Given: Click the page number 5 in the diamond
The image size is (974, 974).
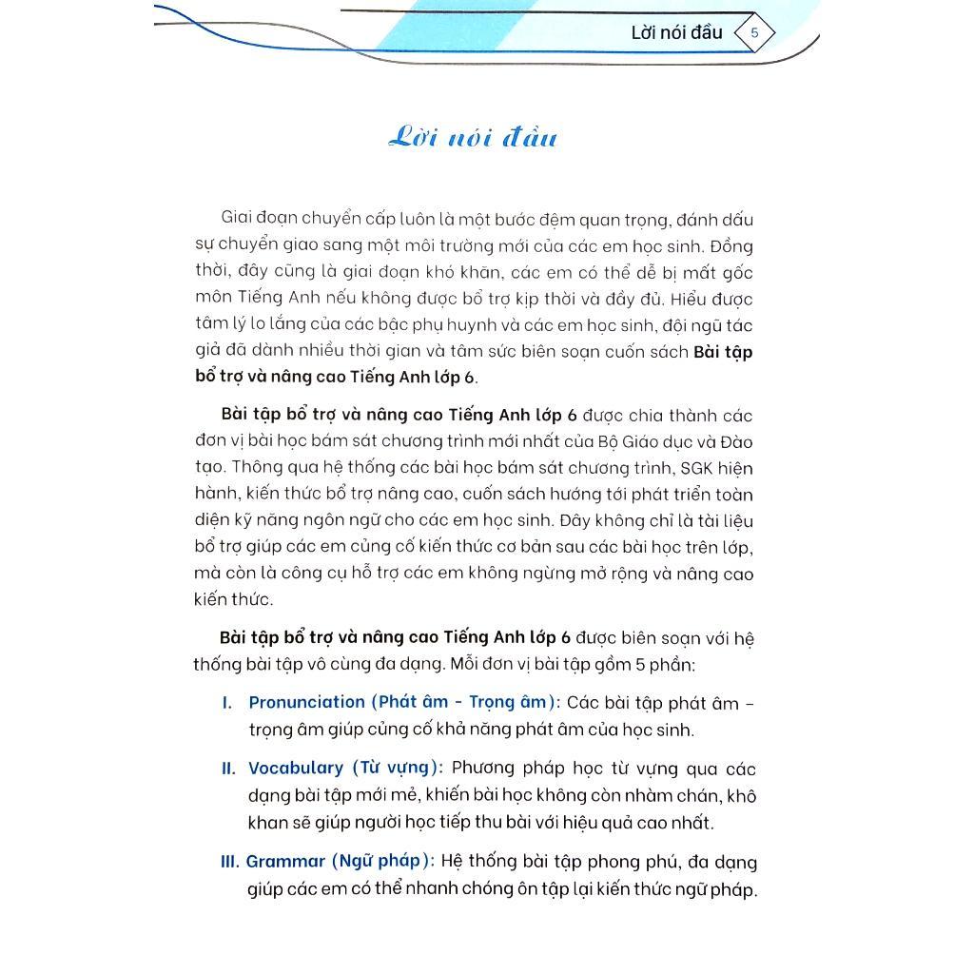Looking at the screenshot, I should pyautogui.click(x=754, y=33).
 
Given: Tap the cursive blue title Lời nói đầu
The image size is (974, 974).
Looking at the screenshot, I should pyautogui.click(x=473, y=138).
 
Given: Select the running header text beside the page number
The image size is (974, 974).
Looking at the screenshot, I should pyautogui.click(x=676, y=32).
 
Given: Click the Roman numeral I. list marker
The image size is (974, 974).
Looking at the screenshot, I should pyautogui.click(x=226, y=703).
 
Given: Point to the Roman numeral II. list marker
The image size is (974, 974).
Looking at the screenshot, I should pyautogui.click(x=228, y=769).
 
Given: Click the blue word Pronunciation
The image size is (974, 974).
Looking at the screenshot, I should pyautogui.click(x=306, y=703).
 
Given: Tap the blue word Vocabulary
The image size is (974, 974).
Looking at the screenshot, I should pyautogui.click(x=295, y=769).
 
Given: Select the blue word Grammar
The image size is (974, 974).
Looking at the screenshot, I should pyautogui.click(x=285, y=862).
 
